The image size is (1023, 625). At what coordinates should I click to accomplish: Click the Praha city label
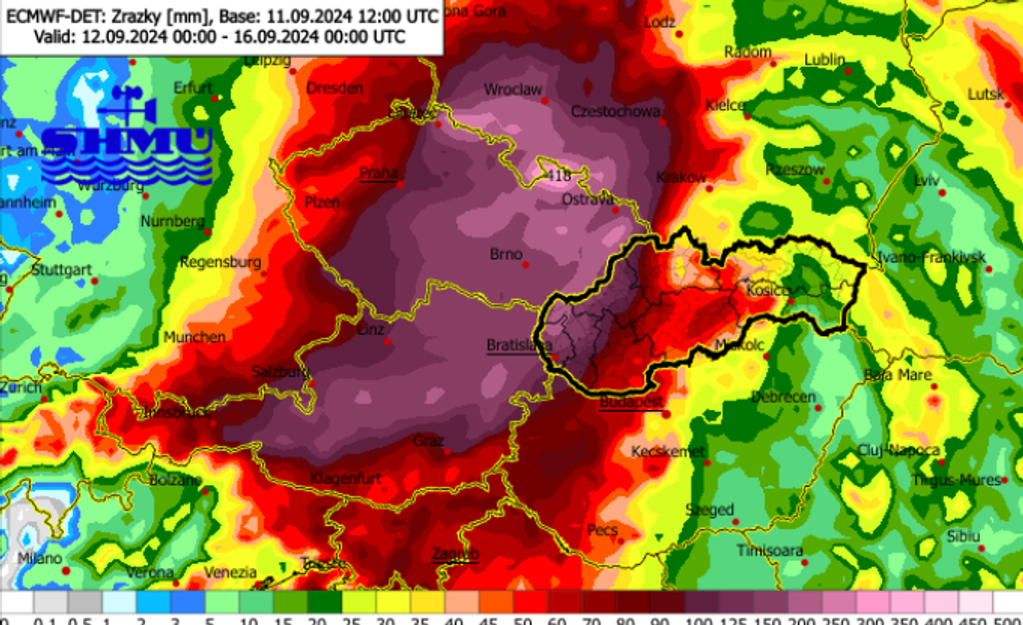[379, 173]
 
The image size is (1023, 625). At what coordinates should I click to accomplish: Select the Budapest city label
[631, 402]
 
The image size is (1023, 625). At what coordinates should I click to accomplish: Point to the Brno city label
[507, 254]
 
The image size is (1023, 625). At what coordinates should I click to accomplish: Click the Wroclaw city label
[512, 89]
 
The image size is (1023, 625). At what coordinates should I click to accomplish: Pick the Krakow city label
[681, 178]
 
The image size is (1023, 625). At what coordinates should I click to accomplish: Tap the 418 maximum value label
[559, 176]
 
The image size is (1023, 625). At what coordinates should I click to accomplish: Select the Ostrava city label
[588, 200]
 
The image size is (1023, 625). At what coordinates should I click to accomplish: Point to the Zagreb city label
[455, 554]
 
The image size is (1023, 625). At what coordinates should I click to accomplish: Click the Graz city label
[430, 441]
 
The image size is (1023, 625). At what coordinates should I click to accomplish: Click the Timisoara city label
[770, 551]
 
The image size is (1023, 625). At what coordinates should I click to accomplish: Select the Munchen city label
[195, 337]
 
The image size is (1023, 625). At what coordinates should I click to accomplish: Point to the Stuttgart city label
[62, 270]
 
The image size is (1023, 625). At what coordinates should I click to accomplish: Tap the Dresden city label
[335, 88]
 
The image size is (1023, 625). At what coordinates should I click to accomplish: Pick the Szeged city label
[709, 509]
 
